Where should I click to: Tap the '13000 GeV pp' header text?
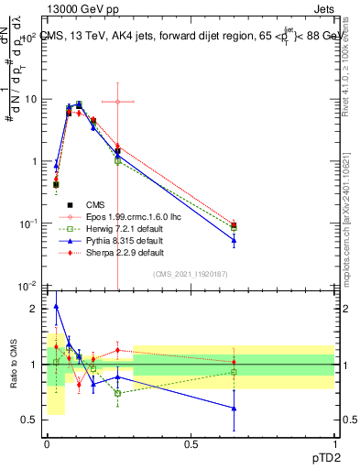pyautogui.click(x=80, y=8)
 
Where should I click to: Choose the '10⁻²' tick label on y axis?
pyautogui.click(x=27, y=286)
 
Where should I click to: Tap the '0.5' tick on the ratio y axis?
pyautogui.click(x=29, y=420)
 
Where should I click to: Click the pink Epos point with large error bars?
pyautogui.click(x=117, y=102)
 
